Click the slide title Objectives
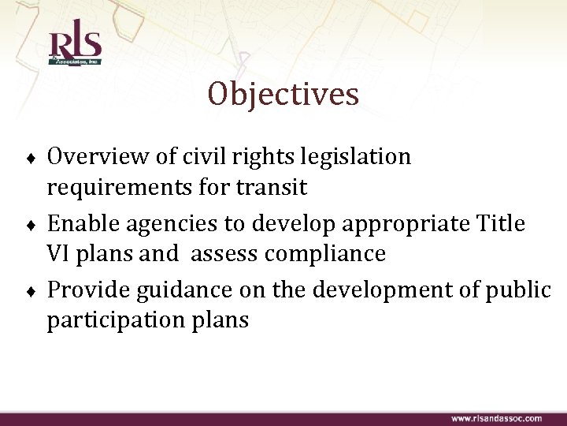tap(283, 95)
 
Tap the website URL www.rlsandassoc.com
tap(496, 417)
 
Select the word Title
tap(501, 224)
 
